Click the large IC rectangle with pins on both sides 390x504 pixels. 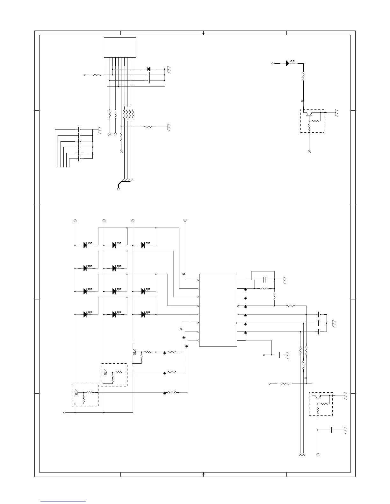(218, 310)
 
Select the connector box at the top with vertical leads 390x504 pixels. (120, 47)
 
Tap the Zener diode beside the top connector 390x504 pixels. (148, 69)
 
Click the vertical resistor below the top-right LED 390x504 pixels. (303, 77)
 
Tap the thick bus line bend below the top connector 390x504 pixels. (120, 183)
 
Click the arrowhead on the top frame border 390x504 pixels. (203, 33)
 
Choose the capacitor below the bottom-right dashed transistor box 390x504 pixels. (331, 430)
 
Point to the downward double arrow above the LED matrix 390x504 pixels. (185, 220)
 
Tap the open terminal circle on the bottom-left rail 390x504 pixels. (65, 413)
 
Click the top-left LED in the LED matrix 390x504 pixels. (86, 245)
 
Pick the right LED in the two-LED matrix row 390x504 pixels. (115, 268)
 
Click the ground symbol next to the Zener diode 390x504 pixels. (169, 69)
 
